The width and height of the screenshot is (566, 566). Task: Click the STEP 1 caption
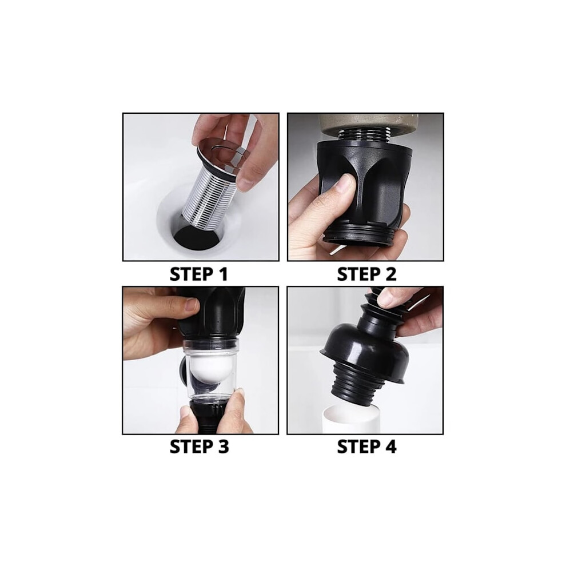(199, 274)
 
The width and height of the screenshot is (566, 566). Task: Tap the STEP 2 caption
(366, 274)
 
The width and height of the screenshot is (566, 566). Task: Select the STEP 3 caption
(200, 447)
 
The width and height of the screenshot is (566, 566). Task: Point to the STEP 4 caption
(366, 447)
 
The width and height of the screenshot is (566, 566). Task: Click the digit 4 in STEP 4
(390, 447)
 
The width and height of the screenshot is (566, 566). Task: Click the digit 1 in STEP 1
(223, 274)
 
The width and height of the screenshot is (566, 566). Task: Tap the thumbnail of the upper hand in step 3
(192, 306)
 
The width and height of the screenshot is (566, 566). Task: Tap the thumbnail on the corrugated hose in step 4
(386, 297)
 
